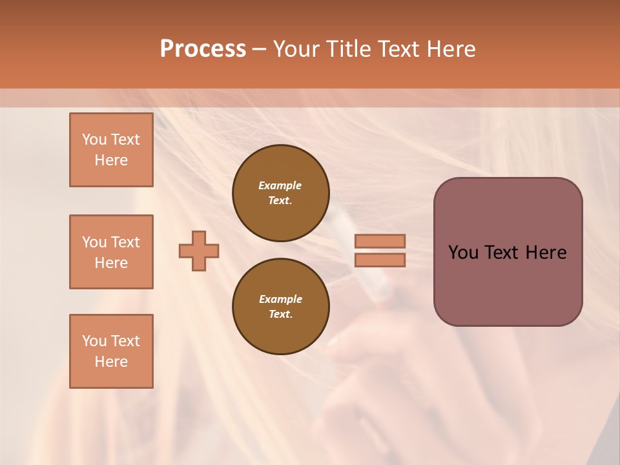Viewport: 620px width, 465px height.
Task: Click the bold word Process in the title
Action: click(x=203, y=49)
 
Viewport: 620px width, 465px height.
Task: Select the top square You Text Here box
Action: click(x=111, y=150)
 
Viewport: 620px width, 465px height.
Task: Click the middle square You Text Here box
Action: click(x=111, y=252)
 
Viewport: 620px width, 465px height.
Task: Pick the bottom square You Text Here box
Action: click(x=111, y=351)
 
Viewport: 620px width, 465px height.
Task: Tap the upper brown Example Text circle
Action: click(x=281, y=192)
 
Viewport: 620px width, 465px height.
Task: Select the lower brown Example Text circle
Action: click(x=281, y=306)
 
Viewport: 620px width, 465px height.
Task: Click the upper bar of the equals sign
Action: click(x=380, y=242)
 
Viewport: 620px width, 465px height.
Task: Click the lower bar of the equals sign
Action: click(x=380, y=260)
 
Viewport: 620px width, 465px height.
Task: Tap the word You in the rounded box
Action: click(x=462, y=253)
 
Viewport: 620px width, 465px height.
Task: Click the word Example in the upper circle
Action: click(x=280, y=185)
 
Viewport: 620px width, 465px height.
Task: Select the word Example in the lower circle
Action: click(x=280, y=299)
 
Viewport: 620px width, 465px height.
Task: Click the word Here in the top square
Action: click(x=111, y=160)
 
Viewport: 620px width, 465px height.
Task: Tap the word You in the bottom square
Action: click(x=94, y=341)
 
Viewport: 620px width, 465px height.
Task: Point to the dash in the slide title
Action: click(x=259, y=50)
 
